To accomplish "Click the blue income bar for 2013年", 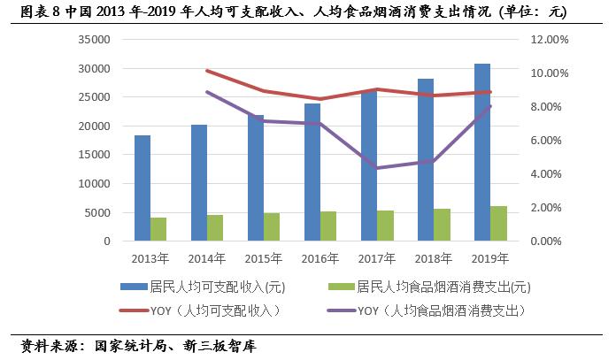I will [x=142, y=188].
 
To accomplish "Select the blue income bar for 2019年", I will [x=482, y=152].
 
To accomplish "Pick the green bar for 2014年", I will [x=215, y=228].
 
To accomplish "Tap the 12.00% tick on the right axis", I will [x=552, y=40].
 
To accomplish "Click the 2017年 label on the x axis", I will [x=377, y=258].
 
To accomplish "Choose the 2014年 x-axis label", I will [x=207, y=258].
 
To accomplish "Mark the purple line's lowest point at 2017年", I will [x=377, y=168].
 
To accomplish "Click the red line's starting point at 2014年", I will [x=207, y=71].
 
